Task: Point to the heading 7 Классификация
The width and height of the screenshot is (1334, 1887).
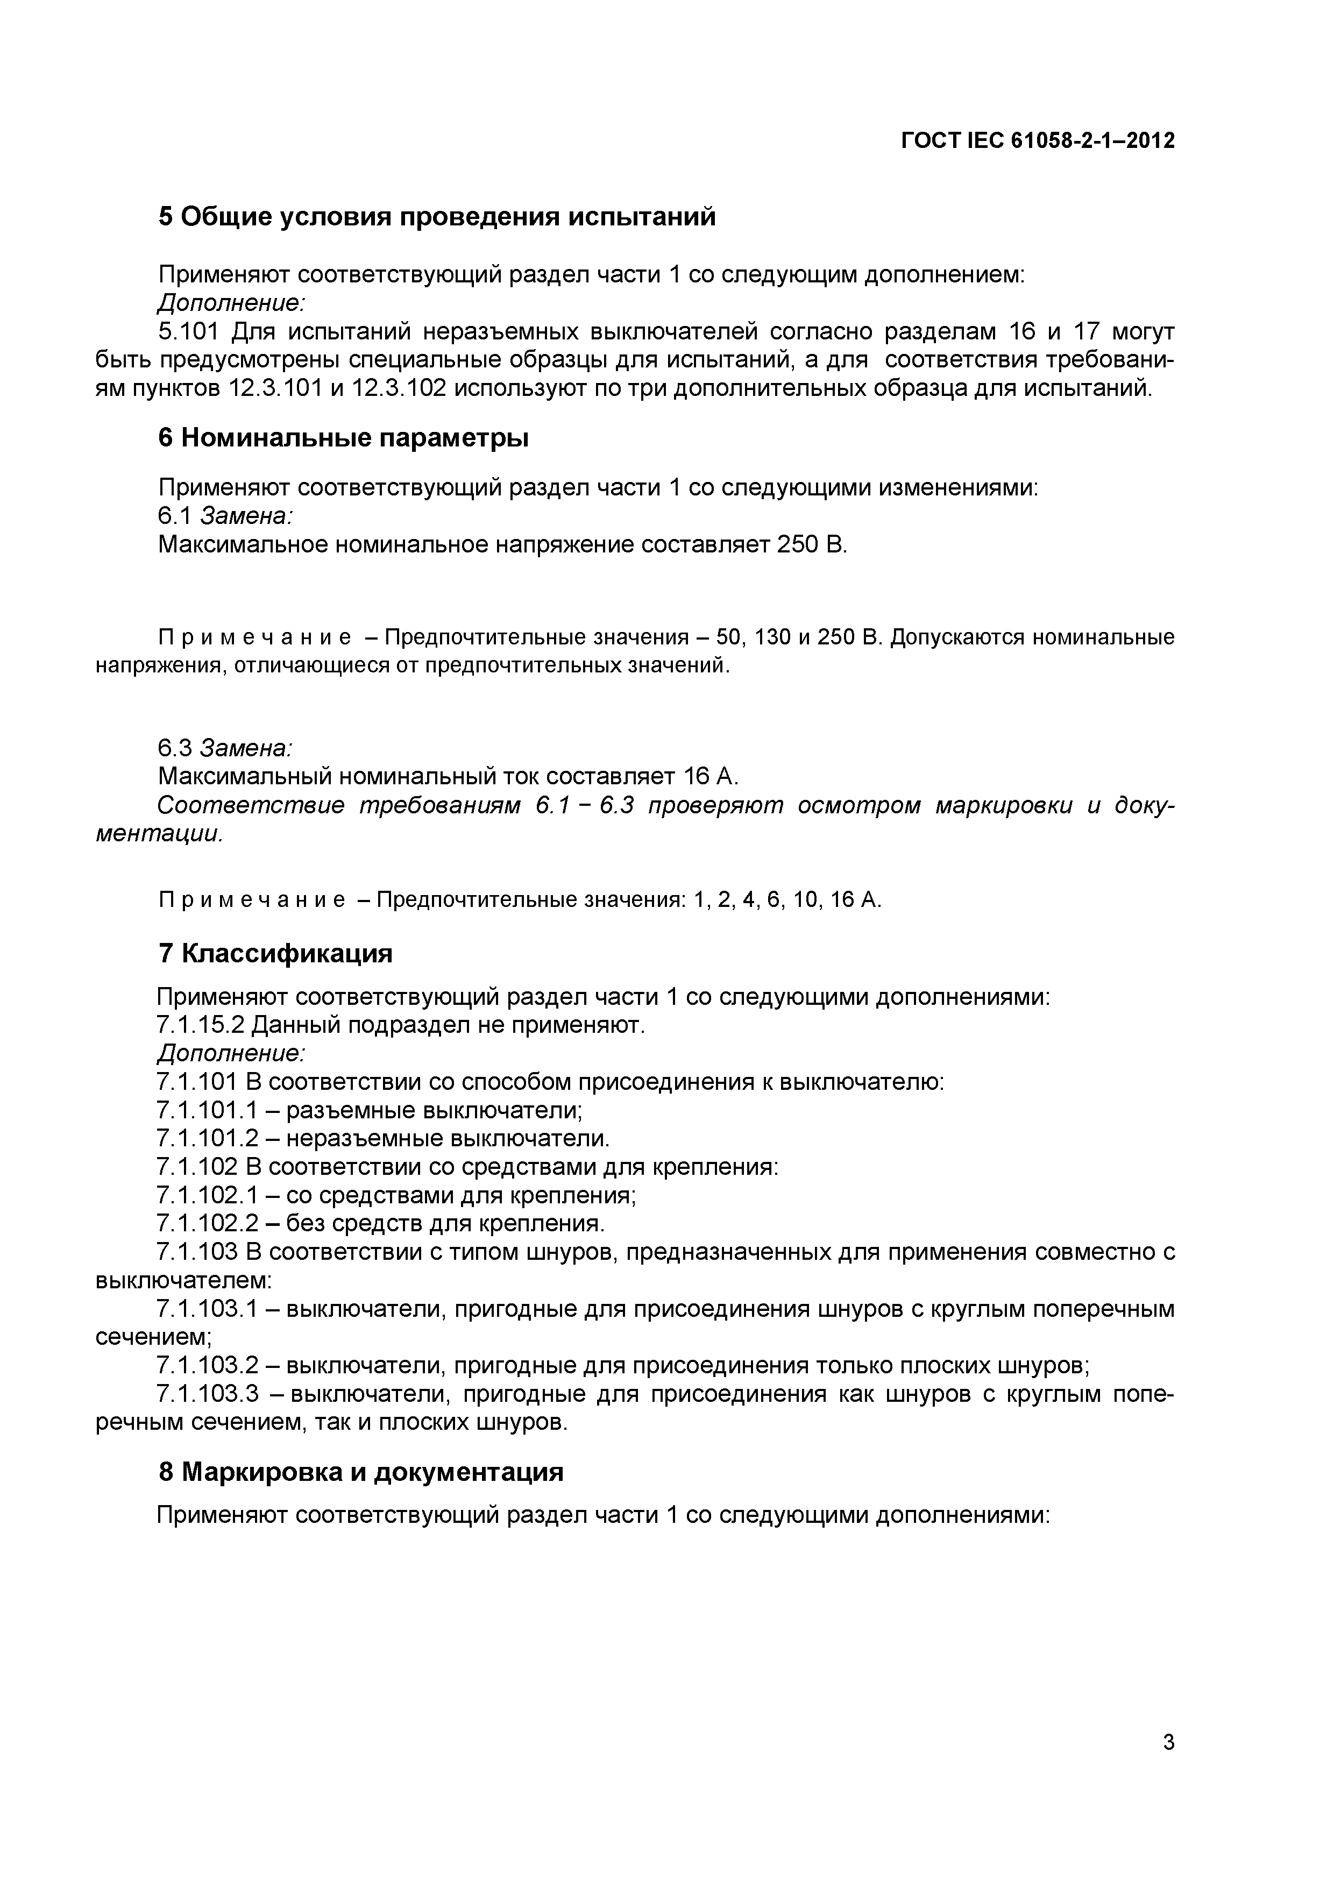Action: (x=274, y=953)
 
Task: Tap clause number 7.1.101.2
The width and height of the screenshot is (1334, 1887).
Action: (x=207, y=1138)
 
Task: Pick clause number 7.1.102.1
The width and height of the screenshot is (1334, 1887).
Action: (x=207, y=1195)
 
